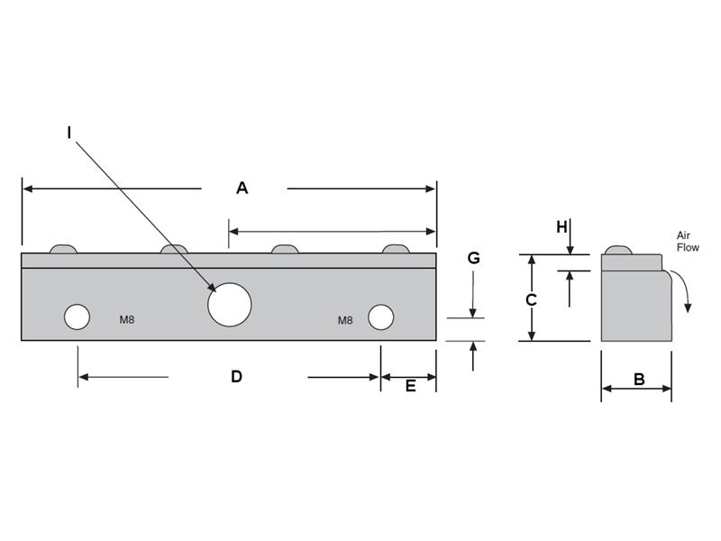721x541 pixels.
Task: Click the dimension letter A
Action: (242, 188)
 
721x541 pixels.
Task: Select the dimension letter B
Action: (639, 380)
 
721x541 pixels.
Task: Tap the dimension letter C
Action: (532, 299)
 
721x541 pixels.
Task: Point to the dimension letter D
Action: (236, 377)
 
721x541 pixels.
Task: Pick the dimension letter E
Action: (410, 386)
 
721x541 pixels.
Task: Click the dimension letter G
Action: (473, 259)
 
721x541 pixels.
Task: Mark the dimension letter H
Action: (561, 227)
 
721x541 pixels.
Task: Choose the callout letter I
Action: (69, 133)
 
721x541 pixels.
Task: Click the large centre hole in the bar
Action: (229, 303)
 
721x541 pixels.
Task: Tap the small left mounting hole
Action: (77, 317)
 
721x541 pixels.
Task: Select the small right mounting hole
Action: (380, 317)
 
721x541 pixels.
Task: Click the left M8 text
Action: (127, 319)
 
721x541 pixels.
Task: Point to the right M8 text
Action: (345, 320)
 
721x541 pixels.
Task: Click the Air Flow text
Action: (688, 241)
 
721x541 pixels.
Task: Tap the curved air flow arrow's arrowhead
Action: (689, 307)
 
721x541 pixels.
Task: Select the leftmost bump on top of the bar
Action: (63, 249)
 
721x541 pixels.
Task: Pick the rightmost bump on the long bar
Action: (396, 249)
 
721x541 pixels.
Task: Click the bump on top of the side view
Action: (617, 250)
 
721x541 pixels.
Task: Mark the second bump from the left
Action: (174, 249)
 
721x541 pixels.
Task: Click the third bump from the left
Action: (286, 249)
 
